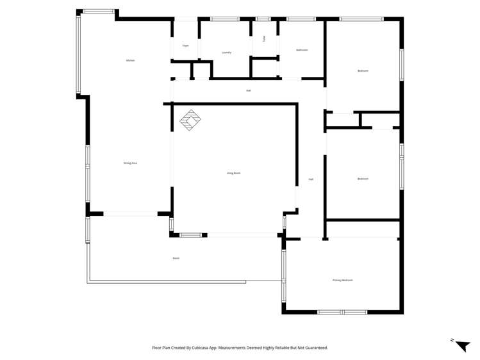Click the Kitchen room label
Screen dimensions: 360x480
[x=130, y=60]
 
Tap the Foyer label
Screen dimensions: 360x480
[x=185, y=45]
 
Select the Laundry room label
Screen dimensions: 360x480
[x=226, y=53]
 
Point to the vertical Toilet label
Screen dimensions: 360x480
[x=263, y=38]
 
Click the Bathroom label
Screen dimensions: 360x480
[x=301, y=50]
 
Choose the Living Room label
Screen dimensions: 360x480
[x=233, y=173]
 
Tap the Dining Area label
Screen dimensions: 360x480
[x=130, y=163]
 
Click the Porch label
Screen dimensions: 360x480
[x=176, y=258]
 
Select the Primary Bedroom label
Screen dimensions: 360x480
[x=342, y=280]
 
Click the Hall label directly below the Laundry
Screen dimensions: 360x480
[x=248, y=90]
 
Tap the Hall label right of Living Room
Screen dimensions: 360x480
[x=311, y=179]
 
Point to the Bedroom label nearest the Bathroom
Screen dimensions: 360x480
[x=363, y=70]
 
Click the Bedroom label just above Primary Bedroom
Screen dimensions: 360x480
[x=363, y=179]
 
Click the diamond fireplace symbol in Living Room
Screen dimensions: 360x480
[x=190, y=120]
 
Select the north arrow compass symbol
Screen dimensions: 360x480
[x=461, y=345]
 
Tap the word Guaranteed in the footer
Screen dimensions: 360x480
[x=313, y=348]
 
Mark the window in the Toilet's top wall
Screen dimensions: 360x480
[x=263, y=19]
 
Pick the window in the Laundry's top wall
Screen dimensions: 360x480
[x=225, y=19]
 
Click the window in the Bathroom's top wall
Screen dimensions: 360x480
[x=301, y=19]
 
